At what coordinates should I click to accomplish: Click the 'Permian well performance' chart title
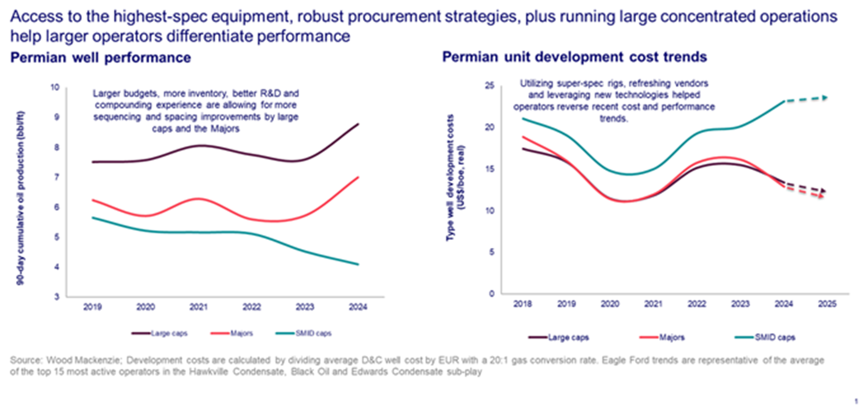101,58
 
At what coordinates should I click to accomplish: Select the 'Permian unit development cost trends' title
574,57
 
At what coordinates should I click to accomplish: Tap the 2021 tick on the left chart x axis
198,307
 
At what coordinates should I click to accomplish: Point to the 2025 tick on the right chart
827,304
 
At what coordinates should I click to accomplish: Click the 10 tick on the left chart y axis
55,87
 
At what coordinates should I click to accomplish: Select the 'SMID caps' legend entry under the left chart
313,333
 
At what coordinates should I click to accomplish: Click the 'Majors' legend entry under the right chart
671,338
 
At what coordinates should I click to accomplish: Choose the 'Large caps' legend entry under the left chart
169,333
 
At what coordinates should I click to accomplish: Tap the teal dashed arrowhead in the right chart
825,98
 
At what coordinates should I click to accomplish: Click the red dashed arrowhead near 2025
822,196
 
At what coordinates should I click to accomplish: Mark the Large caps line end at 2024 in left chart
358,124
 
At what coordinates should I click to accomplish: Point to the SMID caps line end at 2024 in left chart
358,264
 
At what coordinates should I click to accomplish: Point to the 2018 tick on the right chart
523,304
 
